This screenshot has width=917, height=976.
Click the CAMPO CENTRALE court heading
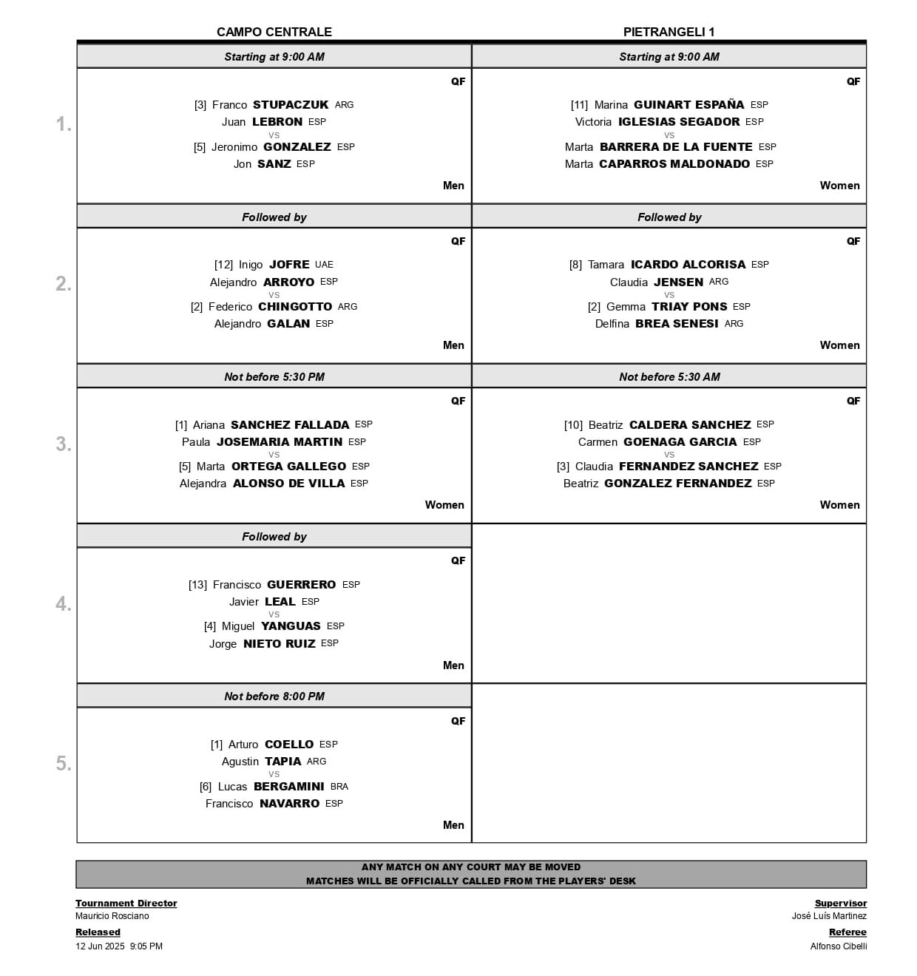274,32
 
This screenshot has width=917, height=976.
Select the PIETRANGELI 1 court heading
669,32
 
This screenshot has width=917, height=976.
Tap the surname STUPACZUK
291,105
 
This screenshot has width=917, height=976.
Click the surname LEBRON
277,122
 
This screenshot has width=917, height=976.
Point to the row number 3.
64,444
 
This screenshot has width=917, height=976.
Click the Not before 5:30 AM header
669,377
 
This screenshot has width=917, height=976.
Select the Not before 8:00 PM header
274,697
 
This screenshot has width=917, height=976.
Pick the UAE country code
324,265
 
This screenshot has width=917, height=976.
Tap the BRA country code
339,787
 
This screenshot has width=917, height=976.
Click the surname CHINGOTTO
295,307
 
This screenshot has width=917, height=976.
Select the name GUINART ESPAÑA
689,105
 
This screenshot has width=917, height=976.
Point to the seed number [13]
198,585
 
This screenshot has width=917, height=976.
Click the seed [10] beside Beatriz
573,425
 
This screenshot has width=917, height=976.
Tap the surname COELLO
289,745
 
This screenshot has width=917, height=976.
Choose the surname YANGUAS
291,626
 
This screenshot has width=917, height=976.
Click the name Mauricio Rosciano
112,916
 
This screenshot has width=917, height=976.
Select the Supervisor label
840,904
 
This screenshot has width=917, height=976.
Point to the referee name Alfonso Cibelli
839,946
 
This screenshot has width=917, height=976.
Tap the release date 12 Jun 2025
100,946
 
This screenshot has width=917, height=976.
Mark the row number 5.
64,764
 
